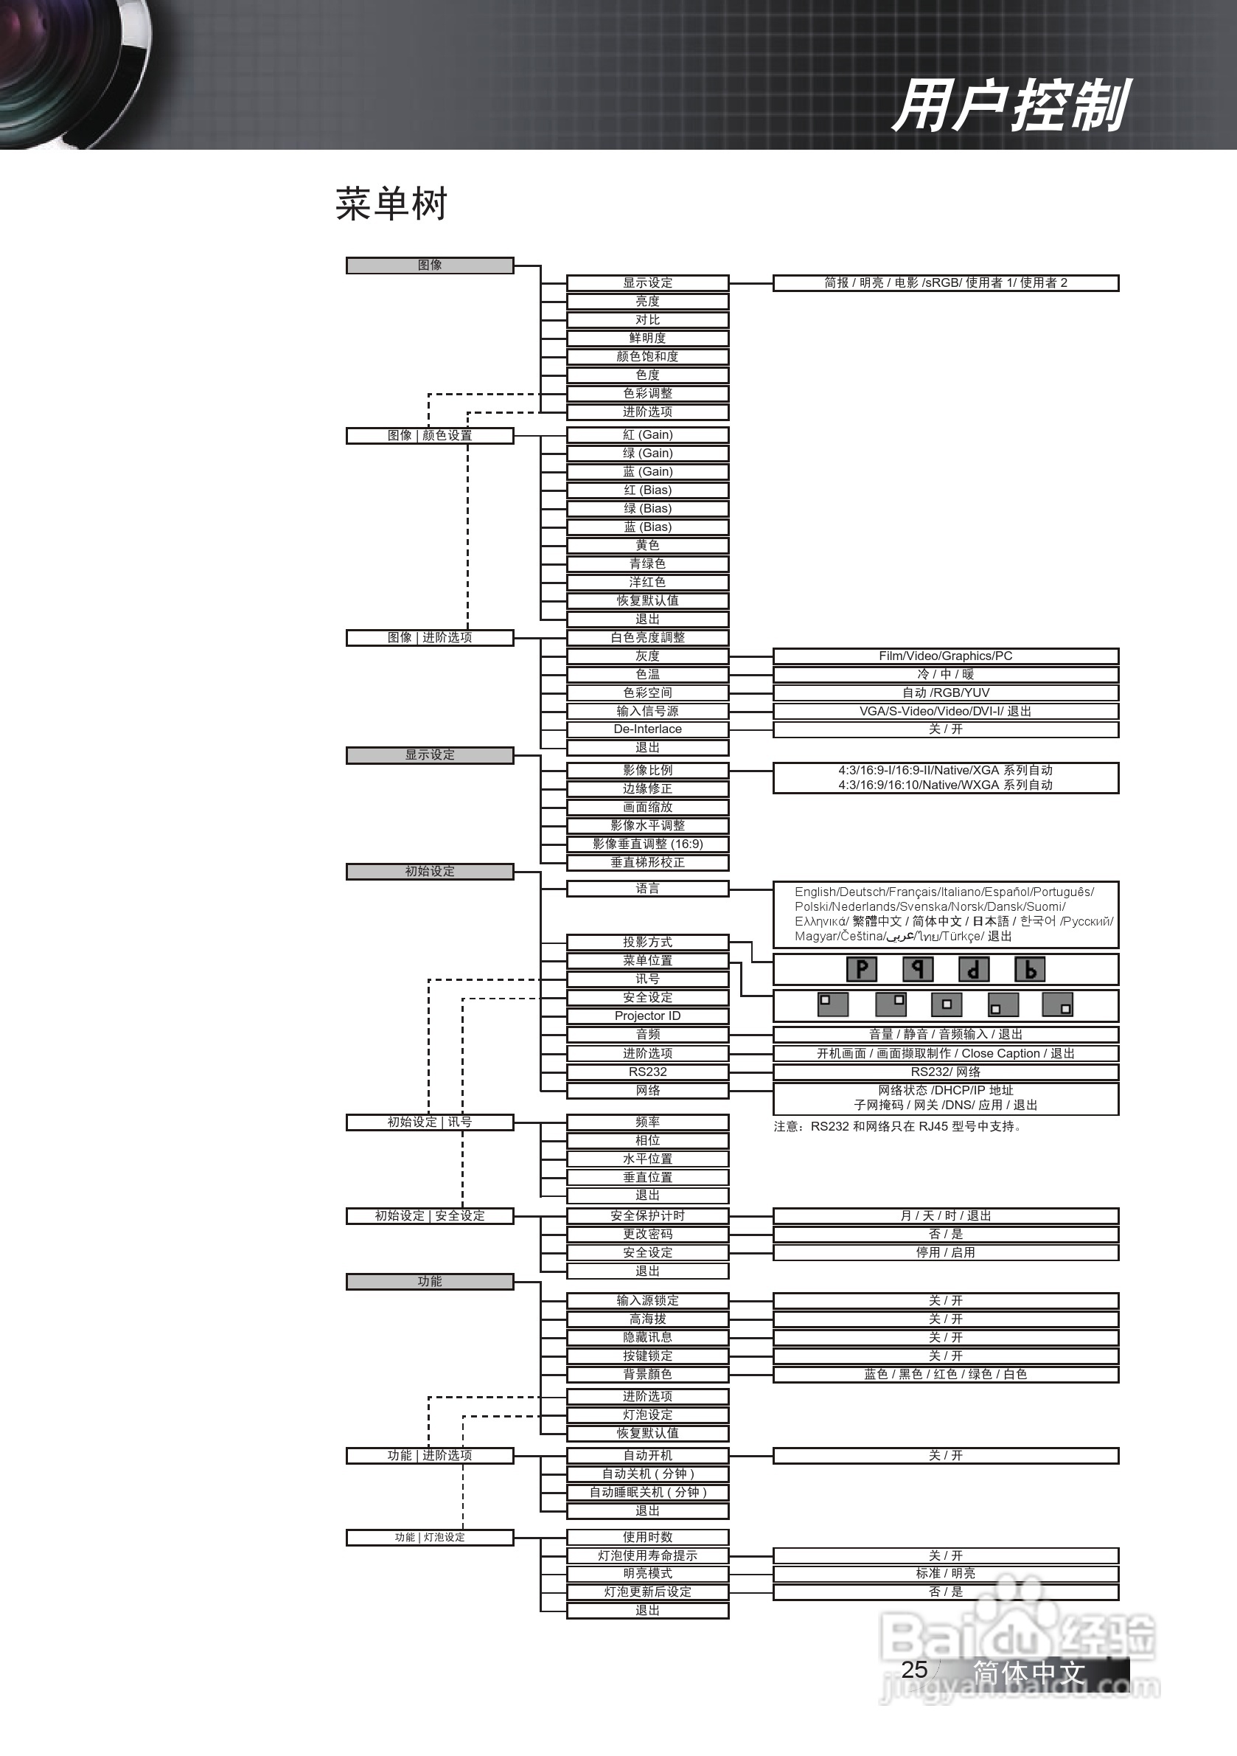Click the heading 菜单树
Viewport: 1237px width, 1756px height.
pyautogui.click(x=391, y=204)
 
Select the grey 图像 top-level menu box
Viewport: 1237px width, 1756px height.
pyautogui.click(x=430, y=266)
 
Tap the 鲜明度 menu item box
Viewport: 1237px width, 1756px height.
pyautogui.click(x=647, y=338)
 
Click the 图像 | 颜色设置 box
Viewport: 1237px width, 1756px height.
pyautogui.click(x=430, y=436)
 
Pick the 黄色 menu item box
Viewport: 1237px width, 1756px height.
pyautogui.click(x=647, y=545)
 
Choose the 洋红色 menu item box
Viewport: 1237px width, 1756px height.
pyautogui.click(x=647, y=582)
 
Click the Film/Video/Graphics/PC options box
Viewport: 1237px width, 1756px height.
pyautogui.click(x=946, y=656)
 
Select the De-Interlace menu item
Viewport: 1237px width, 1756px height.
pyautogui.click(x=647, y=729)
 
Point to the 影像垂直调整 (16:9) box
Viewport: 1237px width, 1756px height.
pyautogui.click(x=647, y=844)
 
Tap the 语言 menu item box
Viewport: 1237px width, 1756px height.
pyautogui.click(x=647, y=889)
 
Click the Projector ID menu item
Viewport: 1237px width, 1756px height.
pyautogui.click(x=647, y=1016)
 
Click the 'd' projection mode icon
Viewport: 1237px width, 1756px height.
pyautogui.click(x=973, y=970)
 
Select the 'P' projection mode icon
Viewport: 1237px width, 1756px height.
pyautogui.click(x=862, y=970)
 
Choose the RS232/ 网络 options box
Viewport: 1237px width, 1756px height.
pyautogui.click(x=946, y=1072)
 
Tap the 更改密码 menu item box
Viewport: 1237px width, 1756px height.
pyautogui.click(x=647, y=1235)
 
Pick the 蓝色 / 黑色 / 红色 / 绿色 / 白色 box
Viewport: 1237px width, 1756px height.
pyautogui.click(x=946, y=1375)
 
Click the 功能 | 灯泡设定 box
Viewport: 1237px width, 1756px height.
pyautogui.click(x=430, y=1537)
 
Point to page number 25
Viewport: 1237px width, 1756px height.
pyautogui.click(x=914, y=1670)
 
